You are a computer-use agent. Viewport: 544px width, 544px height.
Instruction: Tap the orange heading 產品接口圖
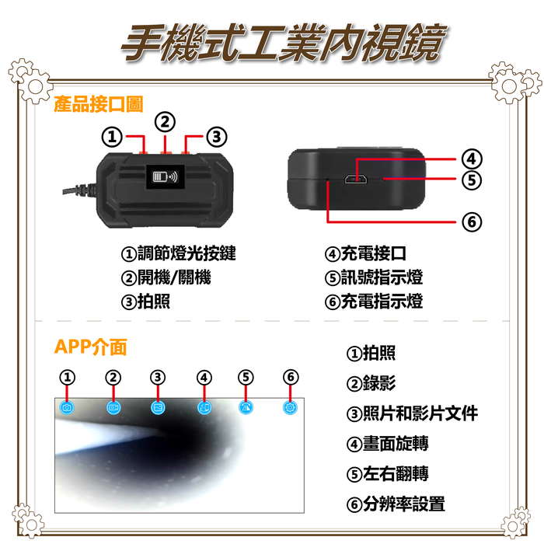pyautogui.click(x=99, y=104)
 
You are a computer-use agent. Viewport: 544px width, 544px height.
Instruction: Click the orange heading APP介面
pyautogui.click(x=91, y=347)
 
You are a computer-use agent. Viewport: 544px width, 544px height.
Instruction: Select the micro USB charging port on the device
pyautogui.click(x=356, y=180)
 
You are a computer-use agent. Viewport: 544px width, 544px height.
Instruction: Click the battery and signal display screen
pyautogui.click(x=165, y=176)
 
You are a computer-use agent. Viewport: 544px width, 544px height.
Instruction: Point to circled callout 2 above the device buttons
pyautogui.click(x=165, y=122)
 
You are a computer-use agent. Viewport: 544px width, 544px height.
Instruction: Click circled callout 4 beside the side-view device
pyautogui.click(x=472, y=159)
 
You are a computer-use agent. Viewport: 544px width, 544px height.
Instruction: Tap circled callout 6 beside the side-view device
pyautogui.click(x=472, y=221)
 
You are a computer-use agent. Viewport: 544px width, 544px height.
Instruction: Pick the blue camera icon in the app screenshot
pyautogui.click(x=67, y=407)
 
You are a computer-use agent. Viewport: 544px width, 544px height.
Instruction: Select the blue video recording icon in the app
pyautogui.click(x=113, y=407)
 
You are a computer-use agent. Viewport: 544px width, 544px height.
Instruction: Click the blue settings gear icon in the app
pyautogui.click(x=290, y=407)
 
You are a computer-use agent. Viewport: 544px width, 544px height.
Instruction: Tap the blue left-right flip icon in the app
pyautogui.click(x=246, y=407)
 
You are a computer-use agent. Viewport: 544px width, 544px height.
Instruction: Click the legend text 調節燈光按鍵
pyautogui.click(x=187, y=253)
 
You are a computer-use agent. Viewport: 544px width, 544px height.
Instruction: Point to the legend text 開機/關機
pyautogui.click(x=174, y=277)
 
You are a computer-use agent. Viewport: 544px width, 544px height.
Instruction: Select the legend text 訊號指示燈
pyautogui.click(x=382, y=277)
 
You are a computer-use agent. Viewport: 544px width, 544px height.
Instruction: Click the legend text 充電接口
pyautogui.click(x=374, y=253)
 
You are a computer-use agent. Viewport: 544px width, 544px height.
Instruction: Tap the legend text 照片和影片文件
pyautogui.click(x=420, y=413)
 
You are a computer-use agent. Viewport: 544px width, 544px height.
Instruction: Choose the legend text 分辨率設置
pyautogui.click(x=404, y=504)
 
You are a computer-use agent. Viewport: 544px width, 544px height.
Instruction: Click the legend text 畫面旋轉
pyautogui.click(x=396, y=444)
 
